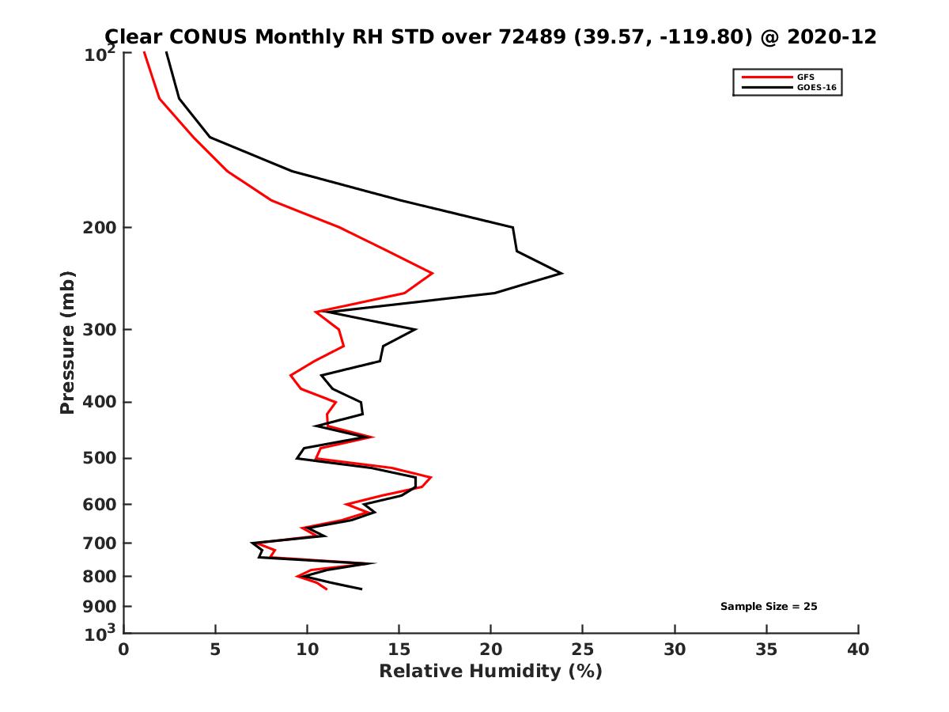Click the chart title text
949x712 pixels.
point(490,36)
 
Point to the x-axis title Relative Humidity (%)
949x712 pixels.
point(490,672)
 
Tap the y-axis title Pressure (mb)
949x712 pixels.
point(67,342)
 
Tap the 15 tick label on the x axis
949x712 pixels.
point(399,650)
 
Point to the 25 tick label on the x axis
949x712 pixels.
point(583,650)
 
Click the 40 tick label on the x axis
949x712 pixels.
point(858,650)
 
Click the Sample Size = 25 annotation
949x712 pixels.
point(768,607)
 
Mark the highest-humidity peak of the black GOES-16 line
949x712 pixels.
point(561,273)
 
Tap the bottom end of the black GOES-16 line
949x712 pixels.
point(361,589)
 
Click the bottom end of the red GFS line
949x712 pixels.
point(326,589)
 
